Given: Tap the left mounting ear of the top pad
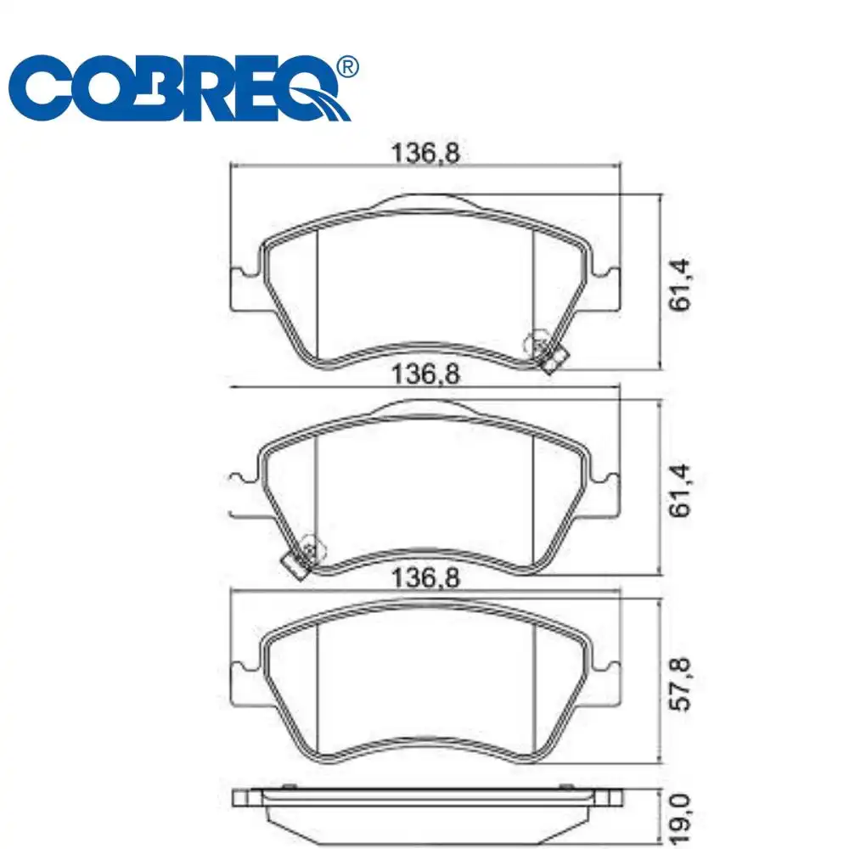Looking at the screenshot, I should (x=243, y=290).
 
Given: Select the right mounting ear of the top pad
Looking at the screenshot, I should (x=608, y=290).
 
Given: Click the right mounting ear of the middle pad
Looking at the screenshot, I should (x=608, y=496).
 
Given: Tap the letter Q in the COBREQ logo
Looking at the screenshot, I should (x=310, y=90).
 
